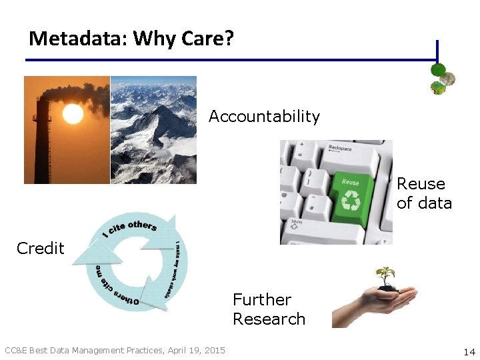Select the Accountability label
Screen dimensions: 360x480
coord(264,117)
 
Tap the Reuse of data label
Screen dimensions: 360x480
coord(424,193)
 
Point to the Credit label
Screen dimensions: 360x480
coord(40,249)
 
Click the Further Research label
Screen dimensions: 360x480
coord(269,309)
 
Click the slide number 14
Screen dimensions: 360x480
coord(468,351)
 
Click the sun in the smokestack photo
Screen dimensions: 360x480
coord(73,115)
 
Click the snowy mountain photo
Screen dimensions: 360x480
coord(153,129)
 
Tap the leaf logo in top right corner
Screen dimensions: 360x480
coord(442,79)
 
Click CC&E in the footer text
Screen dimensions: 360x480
coord(16,351)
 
